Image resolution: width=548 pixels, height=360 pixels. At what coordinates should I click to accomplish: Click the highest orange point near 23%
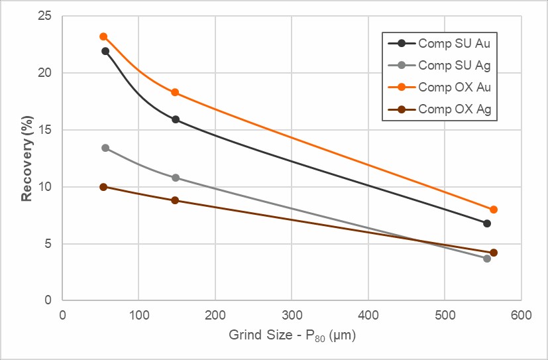point(103,36)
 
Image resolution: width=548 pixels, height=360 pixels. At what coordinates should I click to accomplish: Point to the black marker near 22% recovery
point(105,51)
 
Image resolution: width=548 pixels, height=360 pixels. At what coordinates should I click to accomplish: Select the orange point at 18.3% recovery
point(175,92)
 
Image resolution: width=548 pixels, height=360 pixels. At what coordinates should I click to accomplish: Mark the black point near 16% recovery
point(176,119)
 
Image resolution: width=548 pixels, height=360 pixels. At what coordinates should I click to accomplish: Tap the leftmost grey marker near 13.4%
point(105,148)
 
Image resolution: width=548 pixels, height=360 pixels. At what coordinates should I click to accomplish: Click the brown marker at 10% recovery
point(103,187)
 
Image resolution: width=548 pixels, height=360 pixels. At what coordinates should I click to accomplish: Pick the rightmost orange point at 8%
point(493,210)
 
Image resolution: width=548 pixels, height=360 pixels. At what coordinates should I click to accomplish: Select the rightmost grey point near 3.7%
point(487,258)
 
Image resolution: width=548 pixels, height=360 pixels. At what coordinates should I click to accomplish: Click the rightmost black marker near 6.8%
point(487,223)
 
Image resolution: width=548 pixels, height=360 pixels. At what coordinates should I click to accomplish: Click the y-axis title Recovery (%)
point(27,158)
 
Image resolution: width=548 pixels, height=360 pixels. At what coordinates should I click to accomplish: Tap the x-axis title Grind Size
point(292,336)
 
